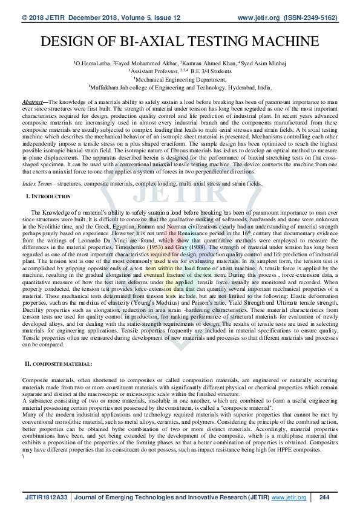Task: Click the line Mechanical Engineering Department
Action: [x=180, y=79]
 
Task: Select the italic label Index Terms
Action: [x=36, y=183]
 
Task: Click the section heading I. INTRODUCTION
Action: [x=50, y=197]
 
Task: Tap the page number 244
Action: [x=324, y=498]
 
